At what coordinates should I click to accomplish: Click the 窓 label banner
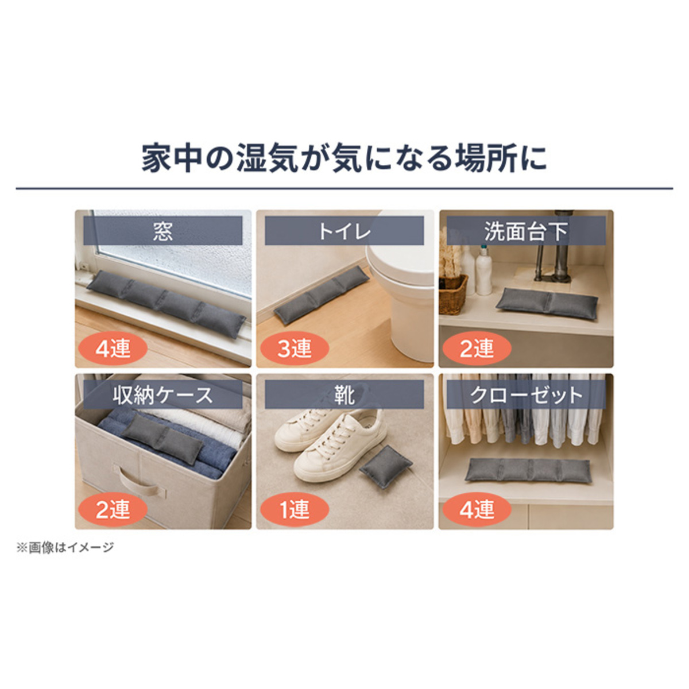[162, 231]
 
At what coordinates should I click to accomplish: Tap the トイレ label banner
[344, 231]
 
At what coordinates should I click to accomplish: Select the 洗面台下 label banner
[526, 231]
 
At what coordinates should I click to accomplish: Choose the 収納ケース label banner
[162, 394]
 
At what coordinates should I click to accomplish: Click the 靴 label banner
[344, 394]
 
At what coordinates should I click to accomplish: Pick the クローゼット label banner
[526, 394]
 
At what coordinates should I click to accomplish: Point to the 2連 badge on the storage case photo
[113, 509]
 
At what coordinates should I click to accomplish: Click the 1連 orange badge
[295, 509]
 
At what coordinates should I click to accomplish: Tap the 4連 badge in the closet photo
[477, 509]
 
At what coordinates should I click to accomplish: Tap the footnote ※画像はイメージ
[65, 547]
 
